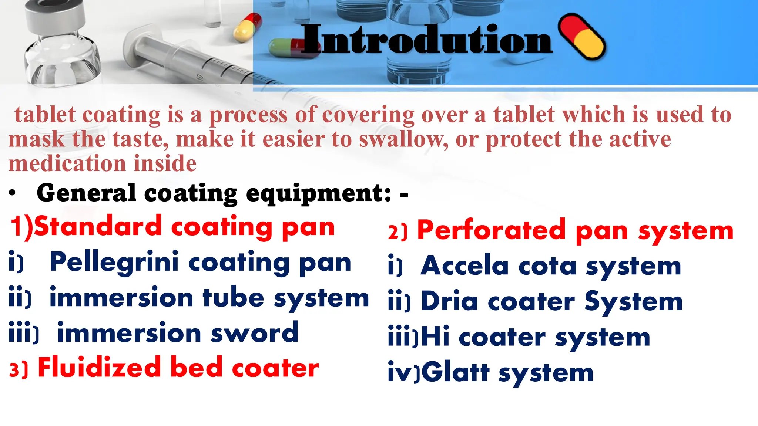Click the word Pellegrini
pyautogui.click(x=114, y=262)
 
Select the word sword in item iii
pyautogui.click(x=254, y=333)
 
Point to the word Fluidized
pyautogui.click(x=99, y=368)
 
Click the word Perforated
pyautogui.click(x=492, y=230)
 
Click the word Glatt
pyautogui.click(x=455, y=372)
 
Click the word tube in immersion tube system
pyautogui.click(x=233, y=298)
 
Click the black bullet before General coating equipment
pyautogui.click(x=13, y=193)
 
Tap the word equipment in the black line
pyautogui.click(x=318, y=193)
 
